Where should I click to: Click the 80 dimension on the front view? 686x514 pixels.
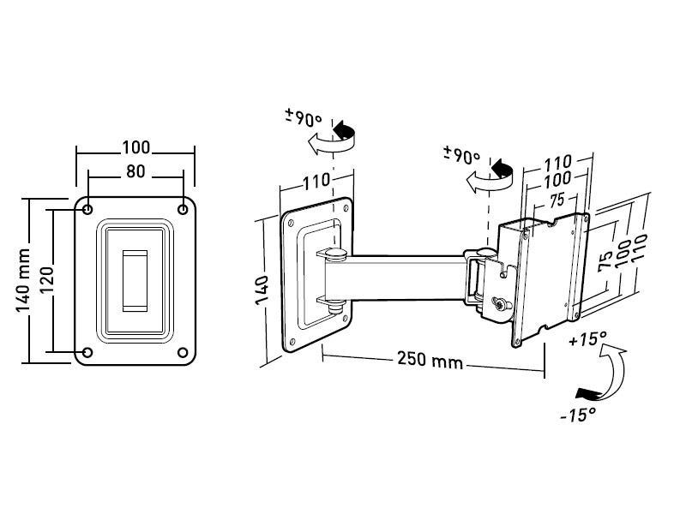point(135,171)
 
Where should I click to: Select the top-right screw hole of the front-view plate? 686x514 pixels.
point(183,210)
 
